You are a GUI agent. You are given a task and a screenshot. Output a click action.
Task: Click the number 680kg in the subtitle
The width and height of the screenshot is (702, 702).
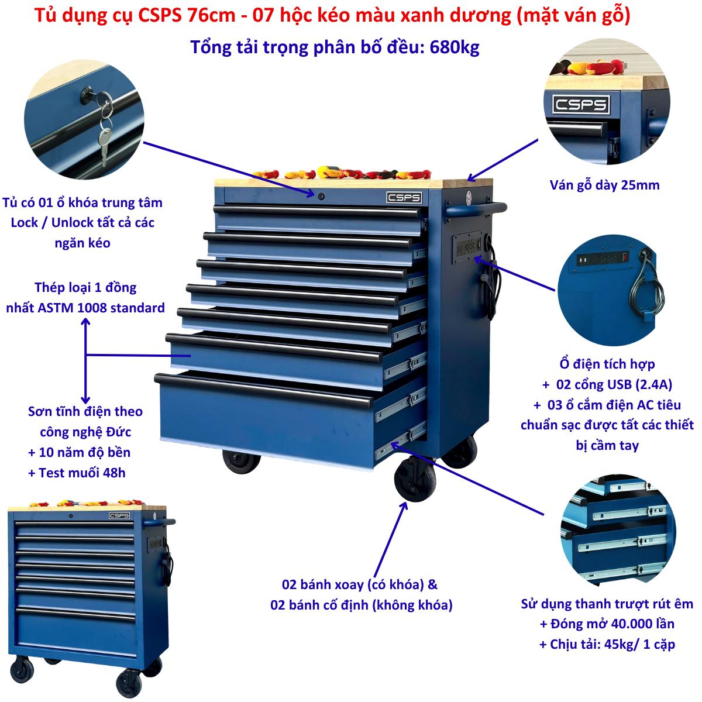click(455, 47)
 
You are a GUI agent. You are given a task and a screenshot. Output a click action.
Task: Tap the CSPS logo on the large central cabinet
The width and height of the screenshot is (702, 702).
click(404, 198)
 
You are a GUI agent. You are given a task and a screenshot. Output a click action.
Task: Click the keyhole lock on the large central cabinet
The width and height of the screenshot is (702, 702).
click(321, 197)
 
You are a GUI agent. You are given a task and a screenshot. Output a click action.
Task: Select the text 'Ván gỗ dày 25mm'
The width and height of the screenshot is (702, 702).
click(604, 185)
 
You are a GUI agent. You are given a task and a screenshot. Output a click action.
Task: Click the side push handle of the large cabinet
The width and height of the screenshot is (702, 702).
click(476, 210)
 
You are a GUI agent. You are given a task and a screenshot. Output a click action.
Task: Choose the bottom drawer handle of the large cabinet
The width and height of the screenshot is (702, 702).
click(264, 390)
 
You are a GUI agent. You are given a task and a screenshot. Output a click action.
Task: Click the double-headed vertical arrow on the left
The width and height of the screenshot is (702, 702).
click(85, 360)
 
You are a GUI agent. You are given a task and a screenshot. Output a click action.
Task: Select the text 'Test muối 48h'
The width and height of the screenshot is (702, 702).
click(82, 473)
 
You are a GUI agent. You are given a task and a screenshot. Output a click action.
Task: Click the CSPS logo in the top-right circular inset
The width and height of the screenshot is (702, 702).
click(581, 105)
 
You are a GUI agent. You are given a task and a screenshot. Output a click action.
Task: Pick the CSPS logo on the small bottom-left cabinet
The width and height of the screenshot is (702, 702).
click(119, 515)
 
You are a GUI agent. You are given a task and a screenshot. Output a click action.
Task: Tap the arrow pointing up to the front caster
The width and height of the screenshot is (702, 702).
click(391, 539)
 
